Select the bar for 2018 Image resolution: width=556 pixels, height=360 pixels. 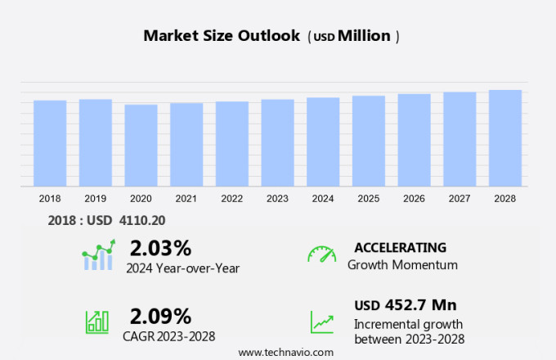50,143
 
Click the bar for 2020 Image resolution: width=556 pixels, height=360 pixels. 141,146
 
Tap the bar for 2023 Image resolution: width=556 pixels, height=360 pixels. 277,143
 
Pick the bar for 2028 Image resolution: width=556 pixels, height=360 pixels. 505,138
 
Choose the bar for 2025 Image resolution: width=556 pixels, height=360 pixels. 369,141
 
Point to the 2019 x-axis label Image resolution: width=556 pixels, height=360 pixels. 95,199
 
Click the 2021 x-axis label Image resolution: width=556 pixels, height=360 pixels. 186,199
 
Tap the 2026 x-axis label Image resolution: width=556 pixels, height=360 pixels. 414,199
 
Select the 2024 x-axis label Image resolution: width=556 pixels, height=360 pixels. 323,199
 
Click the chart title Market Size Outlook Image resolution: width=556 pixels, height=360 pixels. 221,36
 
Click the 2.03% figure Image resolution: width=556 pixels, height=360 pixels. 160,248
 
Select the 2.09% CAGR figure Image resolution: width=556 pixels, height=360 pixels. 160,316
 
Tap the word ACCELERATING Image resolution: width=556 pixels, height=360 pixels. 400,247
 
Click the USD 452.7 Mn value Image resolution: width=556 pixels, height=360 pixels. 406,305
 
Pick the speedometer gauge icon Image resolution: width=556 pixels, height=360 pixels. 321,254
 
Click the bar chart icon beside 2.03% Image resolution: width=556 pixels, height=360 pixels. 98,255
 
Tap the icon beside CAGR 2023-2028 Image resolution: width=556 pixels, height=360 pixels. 97,322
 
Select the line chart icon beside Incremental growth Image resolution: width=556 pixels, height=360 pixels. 321,322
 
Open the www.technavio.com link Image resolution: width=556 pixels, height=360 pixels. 285,352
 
